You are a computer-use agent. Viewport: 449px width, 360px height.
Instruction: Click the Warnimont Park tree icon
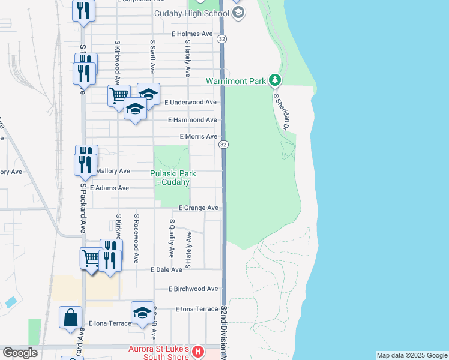tap(275, 80)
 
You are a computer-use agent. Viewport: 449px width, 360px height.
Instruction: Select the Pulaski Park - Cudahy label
tap(170, 178)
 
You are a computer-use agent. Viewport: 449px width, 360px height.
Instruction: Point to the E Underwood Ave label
tap(190, 103)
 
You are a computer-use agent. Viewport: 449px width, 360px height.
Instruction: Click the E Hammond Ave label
tap(192, 120)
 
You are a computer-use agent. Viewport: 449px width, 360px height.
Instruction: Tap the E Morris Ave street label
tap(199, 137)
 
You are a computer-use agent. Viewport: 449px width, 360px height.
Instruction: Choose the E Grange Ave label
tap(199, 208)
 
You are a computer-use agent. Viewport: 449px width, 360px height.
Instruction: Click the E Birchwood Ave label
tap(193, 289)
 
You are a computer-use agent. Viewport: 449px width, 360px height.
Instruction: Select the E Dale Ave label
tap(166, 271)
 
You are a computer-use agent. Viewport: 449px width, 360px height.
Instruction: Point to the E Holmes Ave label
tap(192, 34)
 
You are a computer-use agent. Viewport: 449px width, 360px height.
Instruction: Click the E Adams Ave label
tap(109, 188)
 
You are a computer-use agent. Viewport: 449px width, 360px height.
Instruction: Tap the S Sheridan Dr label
tap(282, 111)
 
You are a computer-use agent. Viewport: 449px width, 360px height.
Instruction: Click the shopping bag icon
tap(70, 316)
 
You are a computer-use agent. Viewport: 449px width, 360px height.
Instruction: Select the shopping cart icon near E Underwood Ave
tap(119, 94)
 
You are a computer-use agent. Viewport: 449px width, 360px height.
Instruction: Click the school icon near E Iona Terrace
tap(142, 312)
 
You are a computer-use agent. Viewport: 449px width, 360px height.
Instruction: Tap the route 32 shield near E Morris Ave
tap(223, 145)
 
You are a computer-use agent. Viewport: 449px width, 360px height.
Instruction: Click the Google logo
tap(20, 353)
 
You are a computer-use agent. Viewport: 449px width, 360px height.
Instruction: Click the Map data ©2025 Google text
tap(412, 355)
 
